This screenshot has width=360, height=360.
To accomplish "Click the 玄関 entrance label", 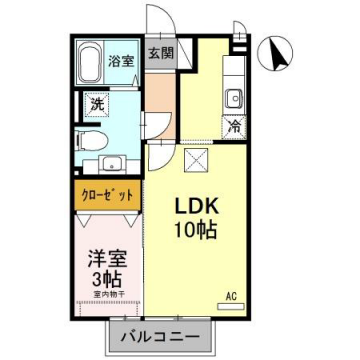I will coord(160,54).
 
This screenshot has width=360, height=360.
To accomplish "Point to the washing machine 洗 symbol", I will coord(97,103).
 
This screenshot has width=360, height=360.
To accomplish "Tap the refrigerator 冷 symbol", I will coord(233,127).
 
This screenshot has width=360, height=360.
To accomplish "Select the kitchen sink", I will coord(233,98).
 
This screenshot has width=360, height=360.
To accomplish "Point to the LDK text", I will coord(198,204).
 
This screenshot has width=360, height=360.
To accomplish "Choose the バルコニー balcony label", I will coord(160,335).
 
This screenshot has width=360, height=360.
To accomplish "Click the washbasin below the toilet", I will coord(111,164).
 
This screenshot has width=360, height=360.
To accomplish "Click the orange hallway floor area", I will coord(159,100).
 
